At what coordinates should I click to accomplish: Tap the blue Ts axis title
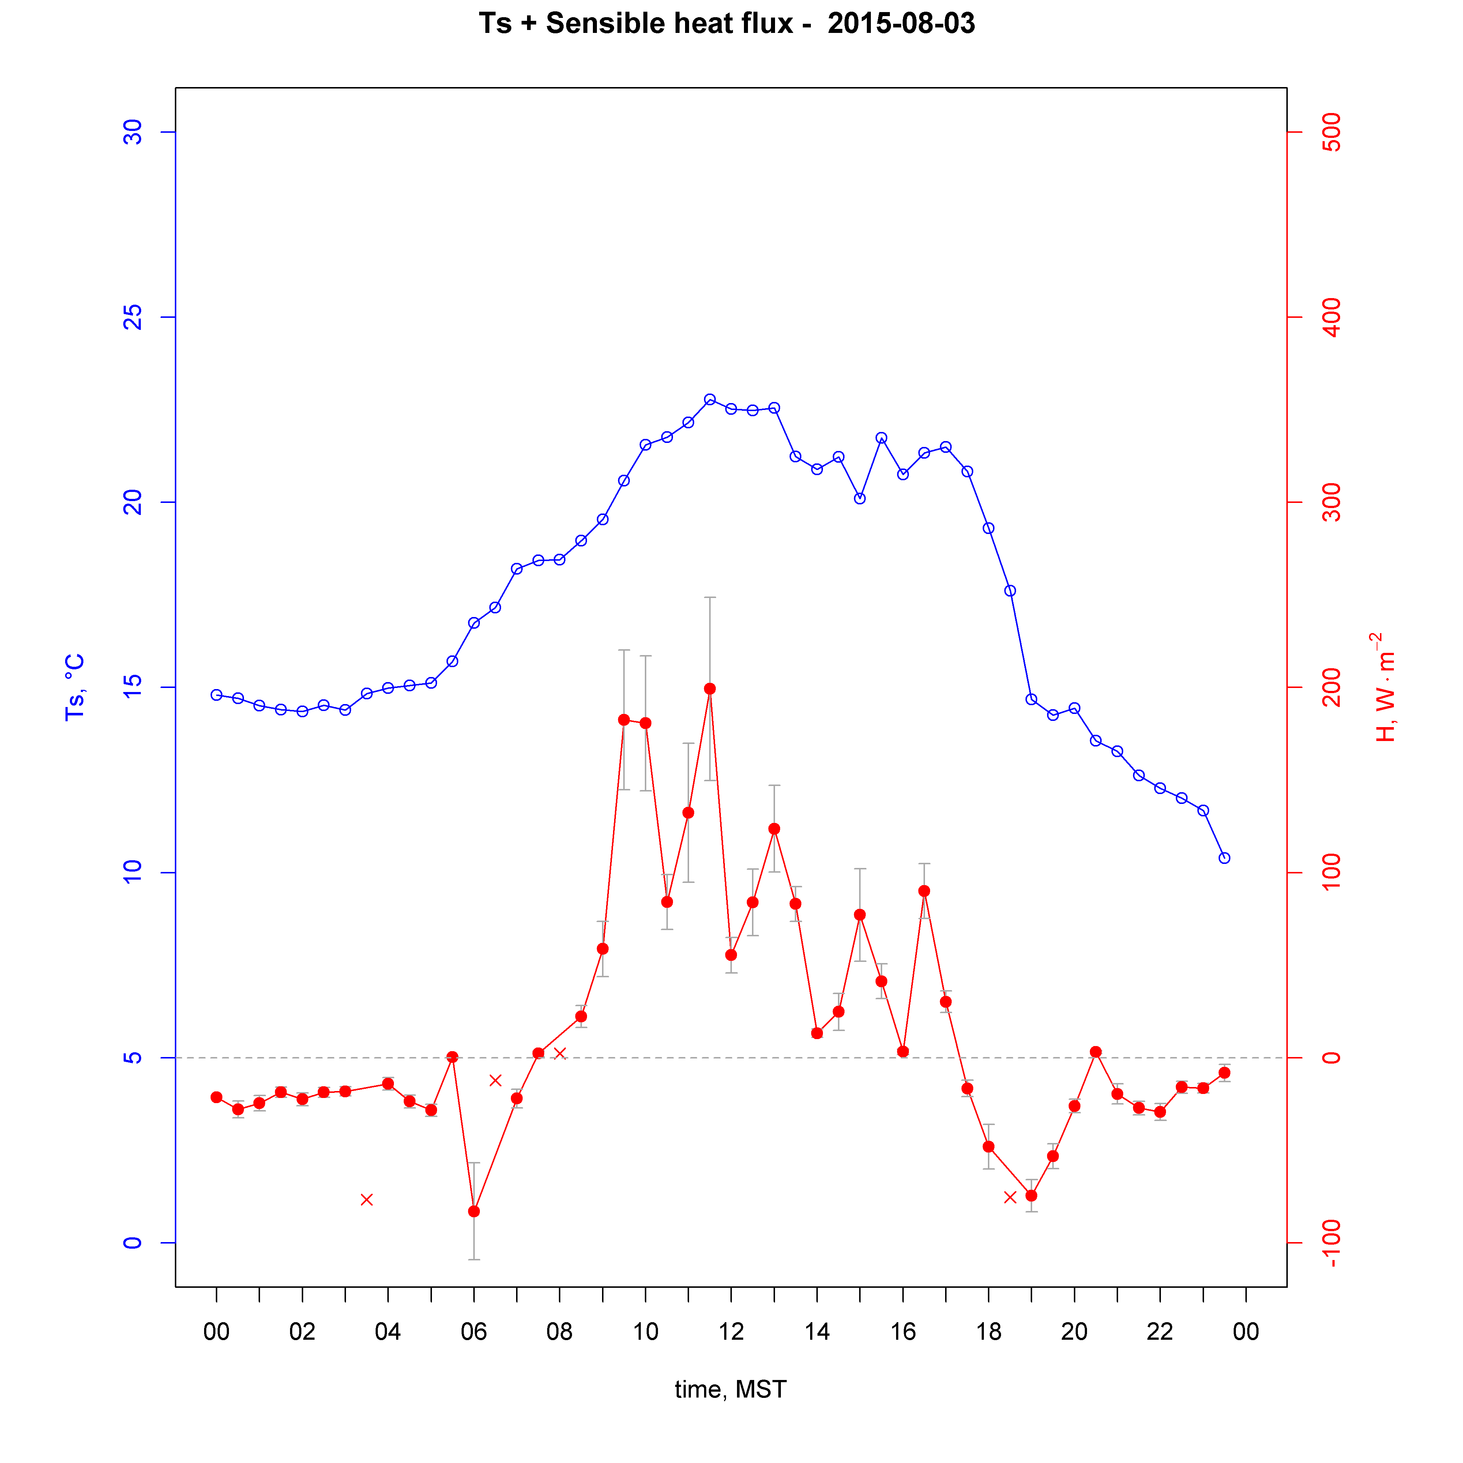(x=74, y=687)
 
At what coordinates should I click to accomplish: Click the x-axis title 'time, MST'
(x=731, y=1389)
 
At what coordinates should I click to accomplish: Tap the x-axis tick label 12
(x=731, y=1331)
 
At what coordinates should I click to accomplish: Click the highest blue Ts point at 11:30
(x=710, y=399)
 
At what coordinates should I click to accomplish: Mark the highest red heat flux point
(x=710, y=688)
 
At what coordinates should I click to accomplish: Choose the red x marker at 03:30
(x=366, y=1200)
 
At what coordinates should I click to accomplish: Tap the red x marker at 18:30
(x=1009, y=1197)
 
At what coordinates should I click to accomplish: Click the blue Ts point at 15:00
(x=860, y=498)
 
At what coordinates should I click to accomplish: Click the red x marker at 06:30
(x=495, y=1080)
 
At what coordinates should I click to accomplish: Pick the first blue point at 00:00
(x=217, y=695)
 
